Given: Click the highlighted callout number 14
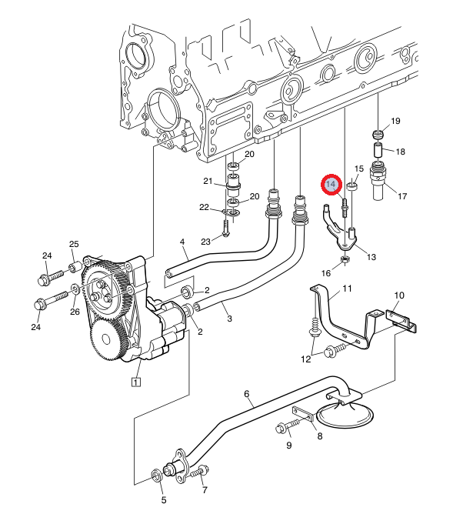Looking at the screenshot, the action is (331, 184).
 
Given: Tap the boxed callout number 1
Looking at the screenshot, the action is (135, 382).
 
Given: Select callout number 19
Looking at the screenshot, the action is (395, 121).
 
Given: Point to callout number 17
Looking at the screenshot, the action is (402, 196).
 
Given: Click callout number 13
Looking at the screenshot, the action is (371, 257).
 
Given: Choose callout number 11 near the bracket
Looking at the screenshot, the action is (347, 289).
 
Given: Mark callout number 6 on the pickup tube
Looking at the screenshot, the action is (247, 394).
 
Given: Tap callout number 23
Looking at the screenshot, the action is (205, 242).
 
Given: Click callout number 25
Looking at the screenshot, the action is (74, 244).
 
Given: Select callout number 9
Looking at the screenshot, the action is (288, 446).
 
